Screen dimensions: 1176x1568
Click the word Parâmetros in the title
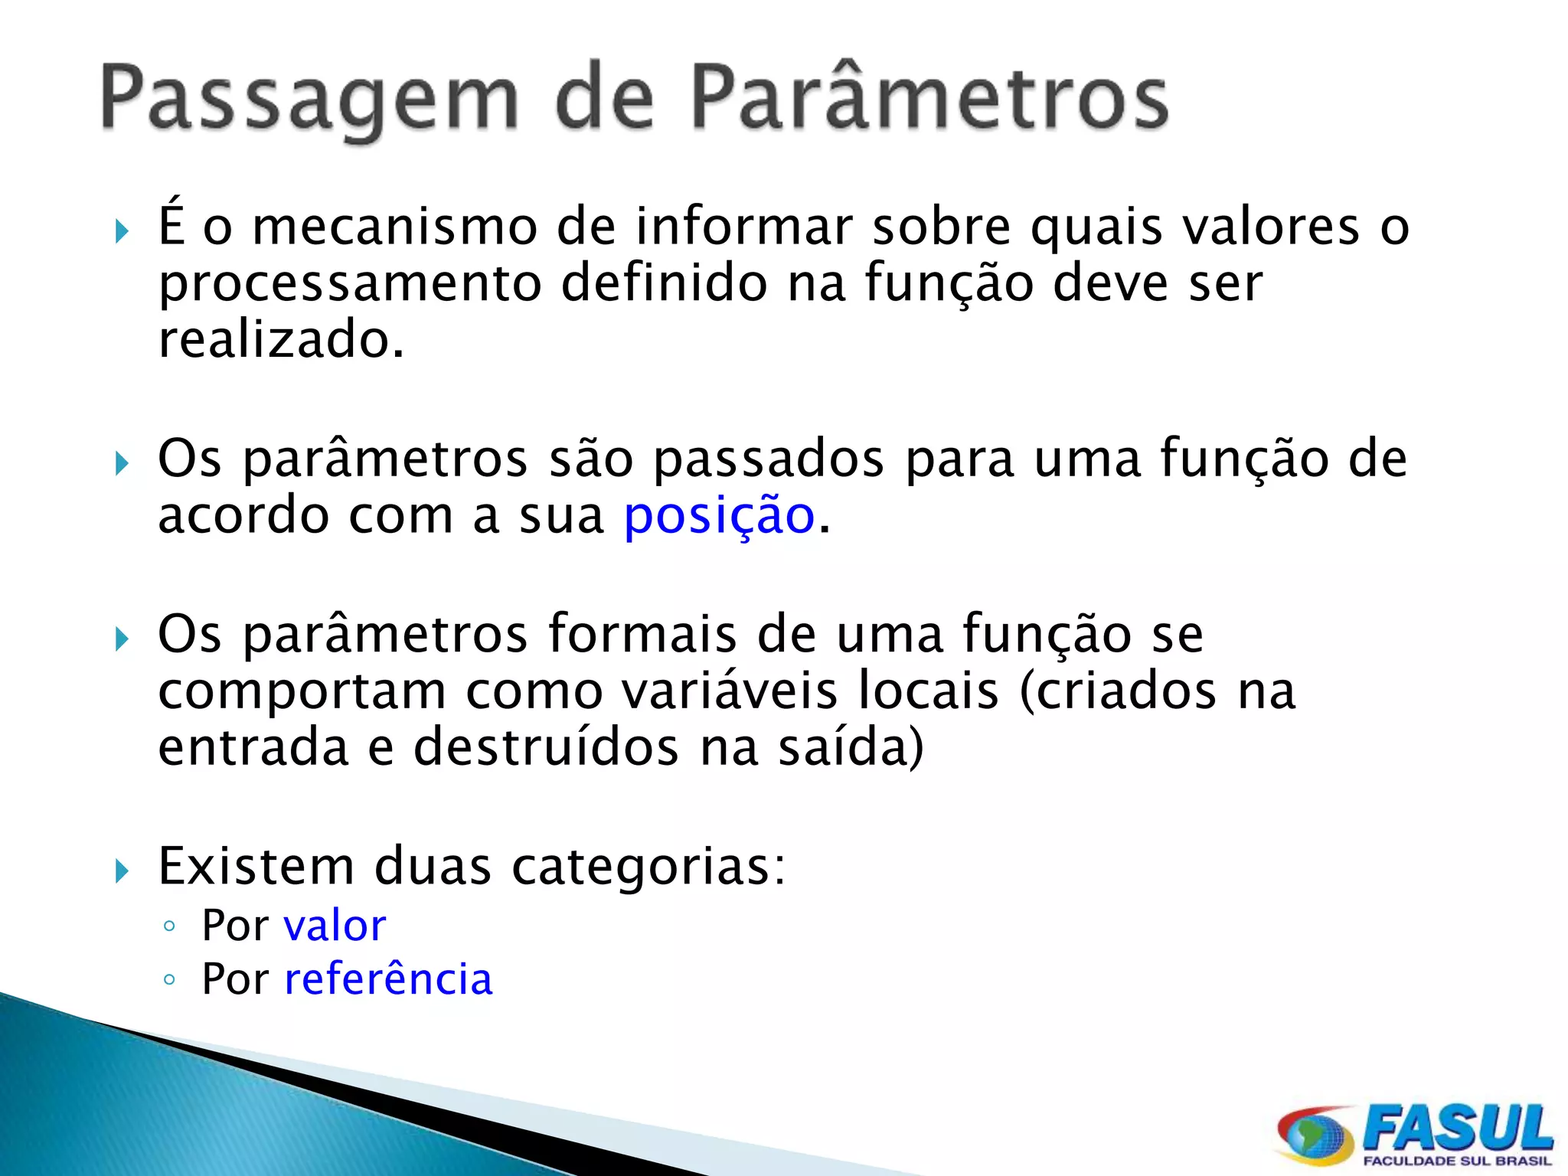pos(929,98)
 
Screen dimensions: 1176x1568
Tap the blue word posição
pos(720,516)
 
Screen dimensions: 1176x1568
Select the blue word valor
pos(335,926)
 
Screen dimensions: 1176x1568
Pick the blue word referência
pos(388,979)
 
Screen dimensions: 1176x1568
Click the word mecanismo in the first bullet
pos(395,227)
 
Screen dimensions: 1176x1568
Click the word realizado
pos(280,340)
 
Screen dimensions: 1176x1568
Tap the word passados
pos(769,459)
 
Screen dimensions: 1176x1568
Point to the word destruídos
pos(546,747)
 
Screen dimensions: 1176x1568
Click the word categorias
pos(648,867)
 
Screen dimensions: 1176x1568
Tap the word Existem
pos(256,867)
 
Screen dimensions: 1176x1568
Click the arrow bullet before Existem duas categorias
pos(122,871)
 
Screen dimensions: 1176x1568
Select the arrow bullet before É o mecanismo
pos(122,231)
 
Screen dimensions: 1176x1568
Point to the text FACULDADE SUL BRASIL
pos(1456,1161)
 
